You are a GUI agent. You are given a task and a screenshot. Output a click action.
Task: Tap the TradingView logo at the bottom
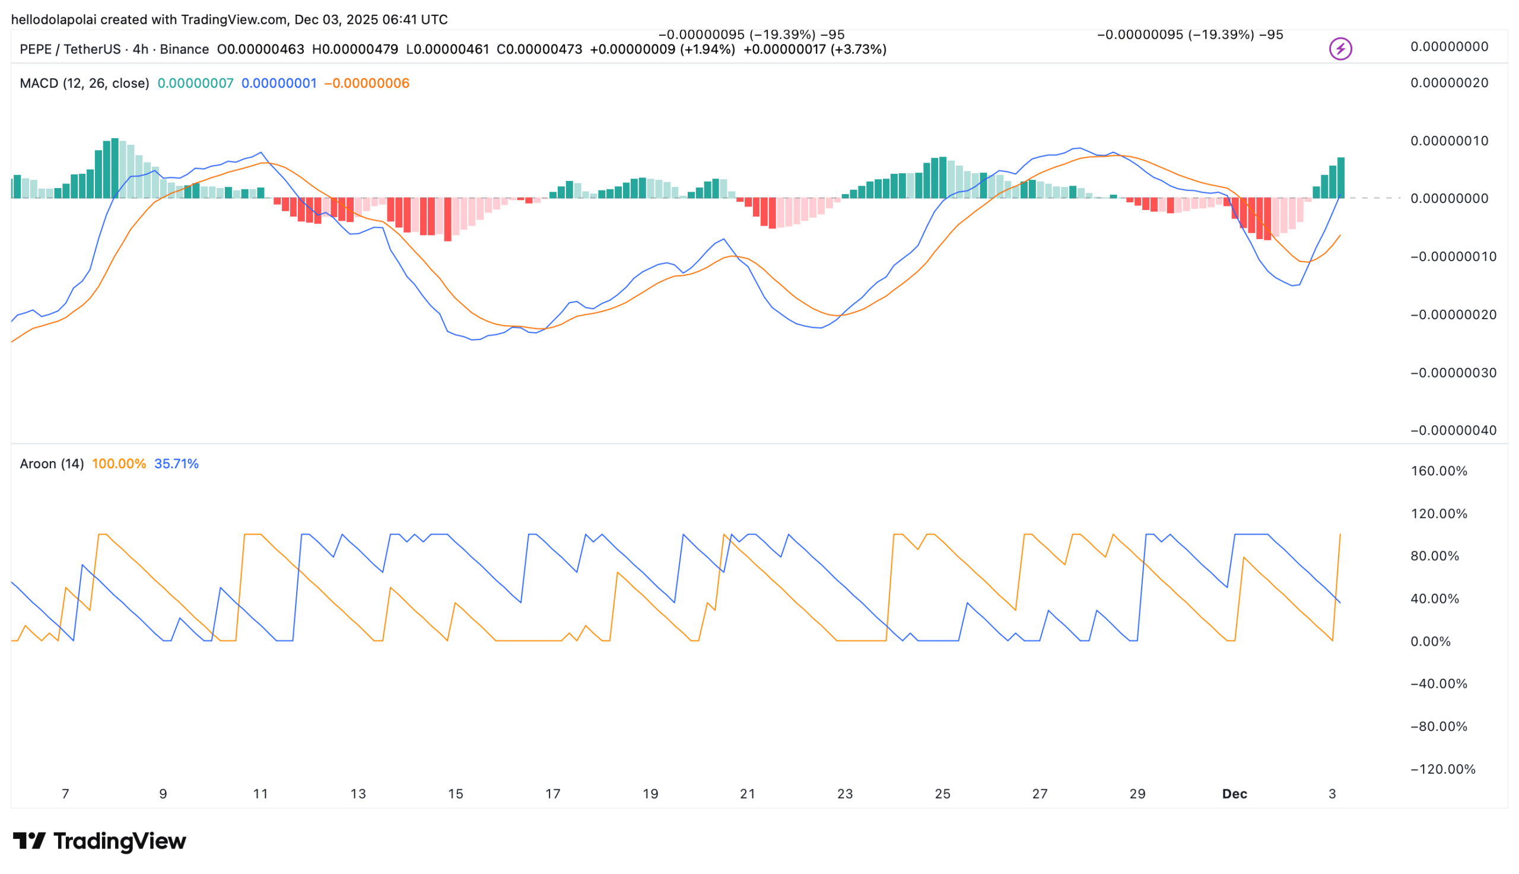tap(100, 841)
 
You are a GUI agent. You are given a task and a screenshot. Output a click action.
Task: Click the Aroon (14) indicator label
tap(52, 463)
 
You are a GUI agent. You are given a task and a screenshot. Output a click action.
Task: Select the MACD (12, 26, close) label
tap(84, 84)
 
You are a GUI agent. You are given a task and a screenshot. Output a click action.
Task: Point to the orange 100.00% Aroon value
tap(119, 463)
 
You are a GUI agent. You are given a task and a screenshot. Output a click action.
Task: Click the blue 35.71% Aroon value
tap(176, 463)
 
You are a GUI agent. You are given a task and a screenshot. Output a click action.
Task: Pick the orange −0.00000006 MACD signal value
tap(367, 84)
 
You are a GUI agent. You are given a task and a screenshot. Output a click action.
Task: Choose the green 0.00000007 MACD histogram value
tap(195, 84)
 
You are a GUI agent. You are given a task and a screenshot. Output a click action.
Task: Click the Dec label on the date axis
tap(1234, 793)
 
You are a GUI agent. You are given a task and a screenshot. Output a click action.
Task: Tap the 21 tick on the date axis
tap(747, 793)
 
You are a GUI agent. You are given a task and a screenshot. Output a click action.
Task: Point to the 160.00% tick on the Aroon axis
tap(1438, 471)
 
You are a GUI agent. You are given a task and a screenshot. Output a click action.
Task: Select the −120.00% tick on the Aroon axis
tap(1442, 769)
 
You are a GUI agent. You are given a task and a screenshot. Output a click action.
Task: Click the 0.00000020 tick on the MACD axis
tap(1449, 83)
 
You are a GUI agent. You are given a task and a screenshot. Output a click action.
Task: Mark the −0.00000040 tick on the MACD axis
tap(1453, 430)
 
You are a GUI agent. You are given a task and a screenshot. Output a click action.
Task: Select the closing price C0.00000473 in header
tap(539, 49)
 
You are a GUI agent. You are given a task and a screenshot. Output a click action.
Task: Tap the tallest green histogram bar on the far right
tap(1340, 177)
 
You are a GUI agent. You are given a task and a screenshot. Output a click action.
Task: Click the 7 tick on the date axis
tap(65, 793)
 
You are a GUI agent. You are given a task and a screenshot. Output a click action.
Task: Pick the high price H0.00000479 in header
tap(355, 49)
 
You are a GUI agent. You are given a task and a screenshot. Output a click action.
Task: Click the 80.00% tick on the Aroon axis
tap(1434, 556)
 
